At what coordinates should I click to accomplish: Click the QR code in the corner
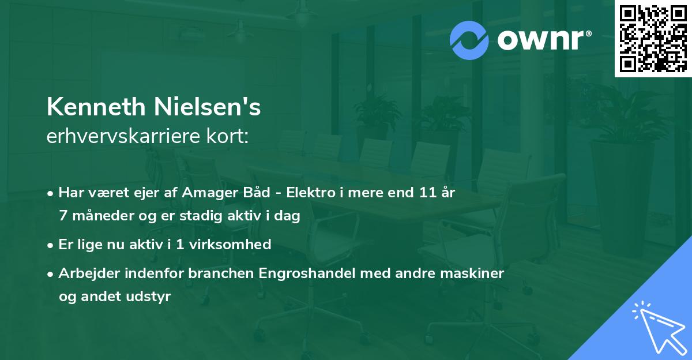click(653, 39)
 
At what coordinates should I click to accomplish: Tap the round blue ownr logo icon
click(469, 40)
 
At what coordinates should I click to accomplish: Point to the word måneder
click(99, 216)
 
